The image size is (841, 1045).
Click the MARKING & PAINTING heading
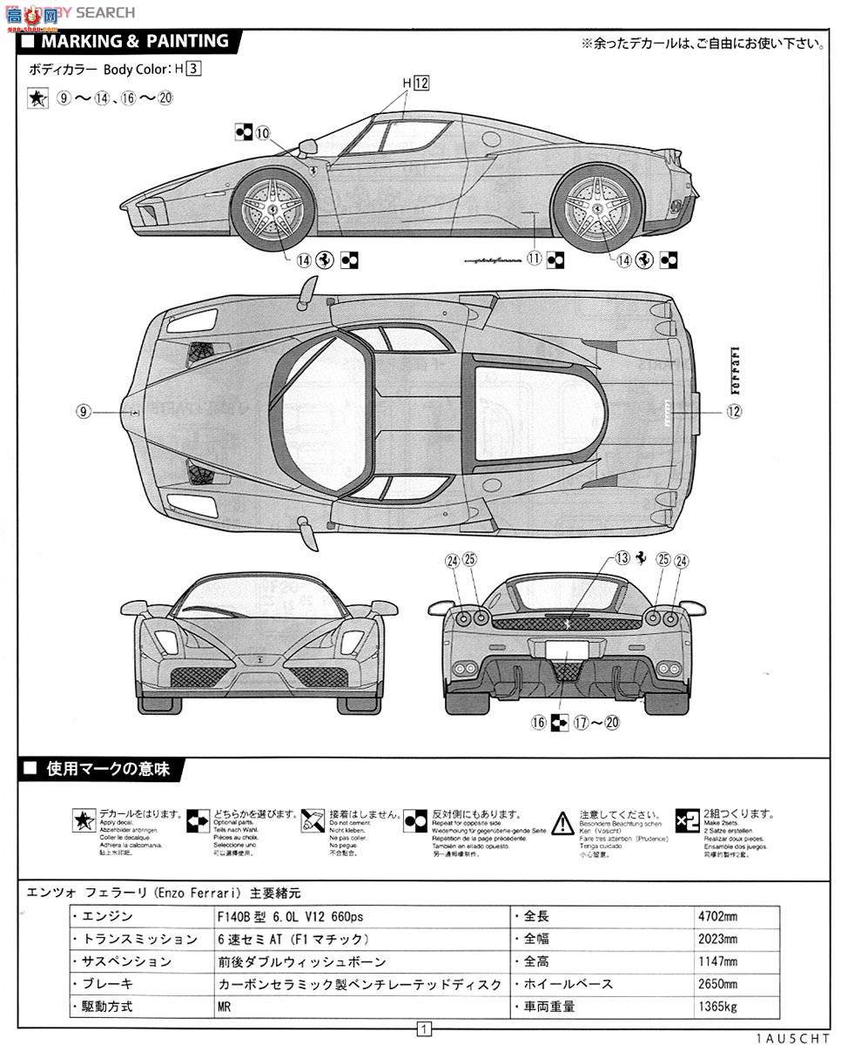click(135, 41)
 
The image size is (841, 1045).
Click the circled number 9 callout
click(84, 411)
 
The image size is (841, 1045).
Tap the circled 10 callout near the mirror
click(263, 132)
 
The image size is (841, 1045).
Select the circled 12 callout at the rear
click(734, 411)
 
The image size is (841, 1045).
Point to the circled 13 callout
click(622, 559)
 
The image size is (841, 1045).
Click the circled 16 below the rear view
click(538, 722)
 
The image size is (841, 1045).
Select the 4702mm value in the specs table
click(717, 917)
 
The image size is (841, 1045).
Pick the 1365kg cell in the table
click(717, 1006)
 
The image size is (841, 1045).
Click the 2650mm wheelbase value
click(717, 984)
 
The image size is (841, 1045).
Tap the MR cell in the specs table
click(225, 1006)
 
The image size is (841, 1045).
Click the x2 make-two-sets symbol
click(687, 820)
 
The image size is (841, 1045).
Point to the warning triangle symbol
click(564, 822)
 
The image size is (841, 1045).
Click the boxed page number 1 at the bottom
click(424, 1029)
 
